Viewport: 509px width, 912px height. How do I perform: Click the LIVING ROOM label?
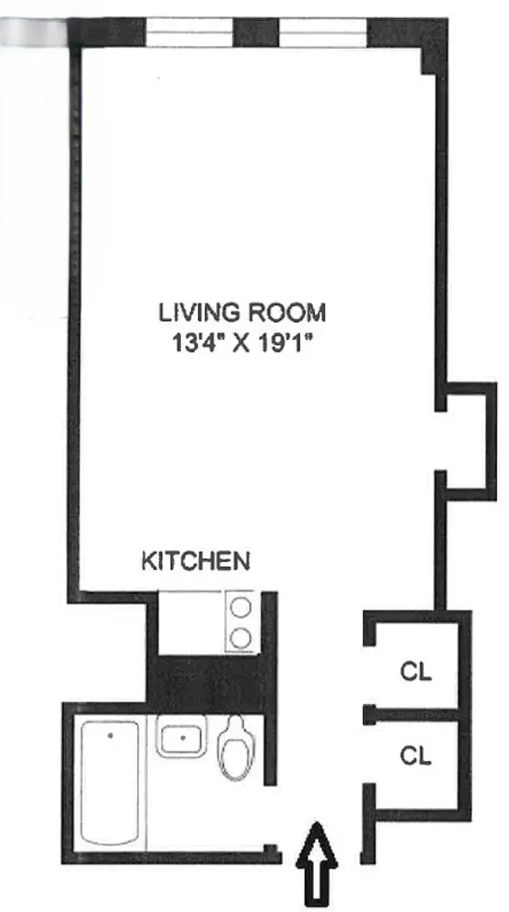click(242, 313)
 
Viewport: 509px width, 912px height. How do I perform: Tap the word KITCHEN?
click(195, 562)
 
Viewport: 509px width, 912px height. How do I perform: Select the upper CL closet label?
click(415, 673)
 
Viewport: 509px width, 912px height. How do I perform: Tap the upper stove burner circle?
click(241, 608)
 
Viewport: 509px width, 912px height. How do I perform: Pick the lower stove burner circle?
click(241, 637)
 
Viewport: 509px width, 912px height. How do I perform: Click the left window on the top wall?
click(190, 32)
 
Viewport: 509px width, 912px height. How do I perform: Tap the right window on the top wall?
click(323, 32)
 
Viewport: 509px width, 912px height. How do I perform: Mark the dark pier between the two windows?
click(256, 32)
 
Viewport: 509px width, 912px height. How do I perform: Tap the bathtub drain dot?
click(109, 734)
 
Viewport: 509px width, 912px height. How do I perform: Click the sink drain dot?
click(183, 738)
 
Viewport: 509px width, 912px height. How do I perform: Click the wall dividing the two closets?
click(412, 714)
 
